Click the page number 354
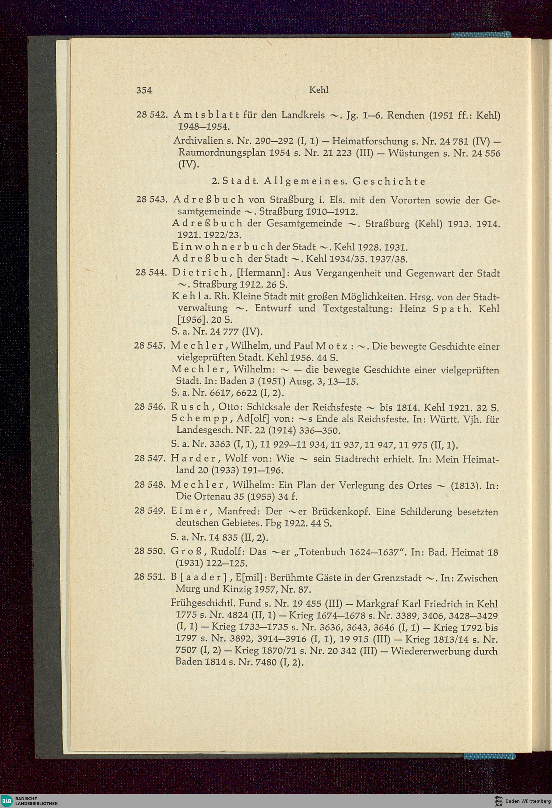click(x=144, y=90)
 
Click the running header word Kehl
click(x=318, y=90)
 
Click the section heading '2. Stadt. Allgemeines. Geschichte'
click(x=319, y=181)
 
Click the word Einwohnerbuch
click(x=222, y=247)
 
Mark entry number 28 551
click(x=150, y=578)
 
